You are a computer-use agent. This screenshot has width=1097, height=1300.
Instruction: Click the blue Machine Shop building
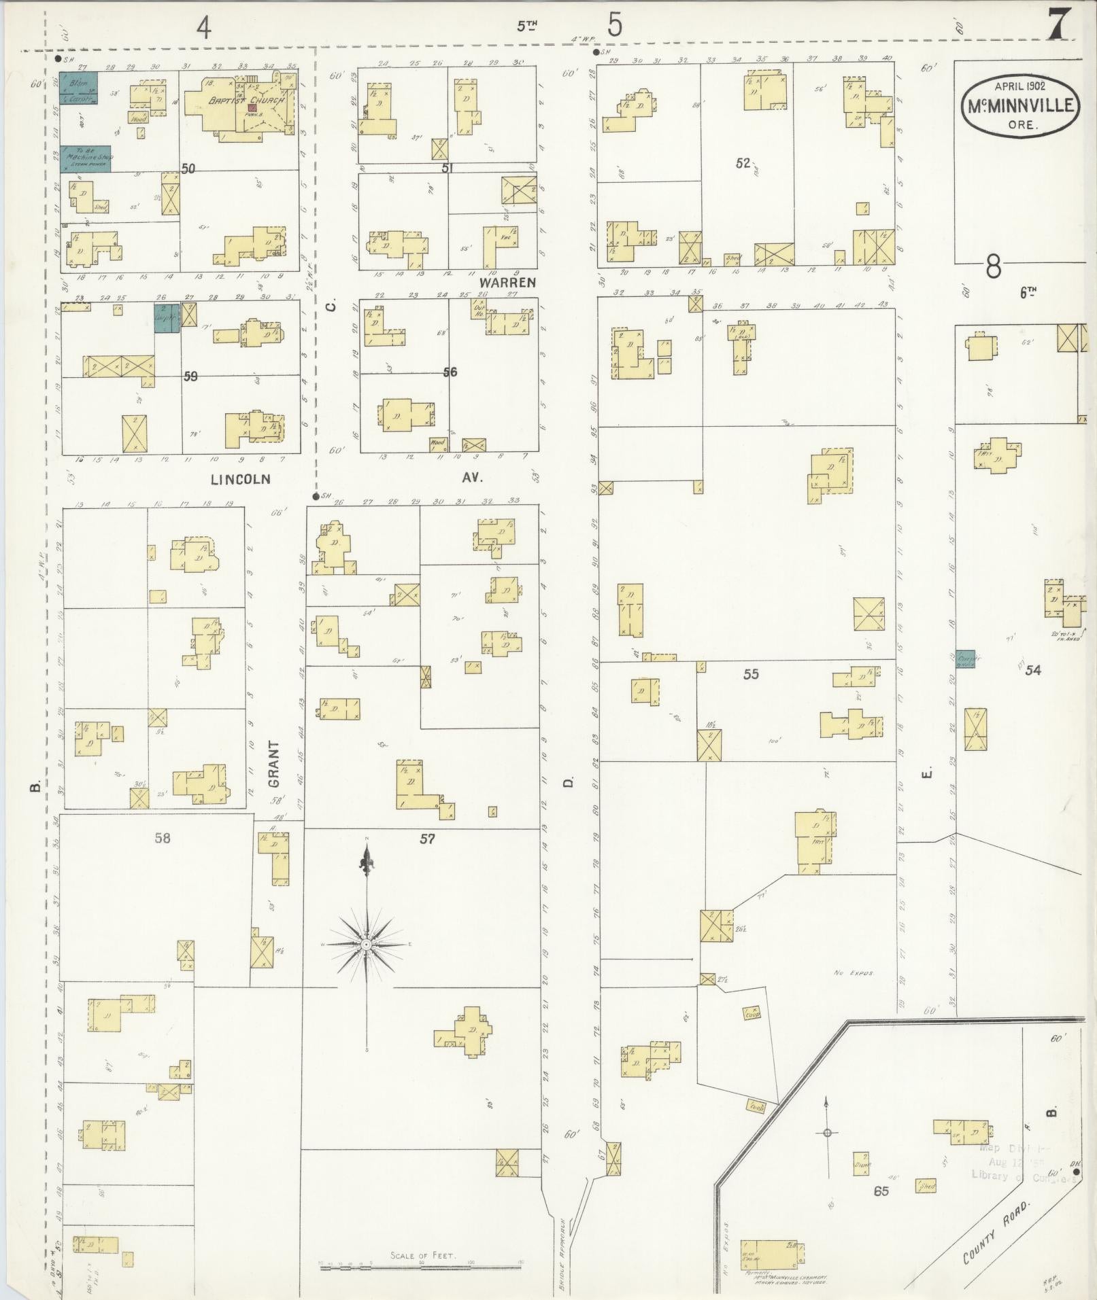coord(87,158)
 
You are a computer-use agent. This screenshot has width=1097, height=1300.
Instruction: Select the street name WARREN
coord(507,282)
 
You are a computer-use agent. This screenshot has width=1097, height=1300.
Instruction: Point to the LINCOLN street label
coord(240,479)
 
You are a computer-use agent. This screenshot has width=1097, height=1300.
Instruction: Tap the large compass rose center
coord(366,945)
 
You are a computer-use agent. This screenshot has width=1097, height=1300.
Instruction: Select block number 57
coord(426,839)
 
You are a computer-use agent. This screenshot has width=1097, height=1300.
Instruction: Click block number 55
coord(751,674)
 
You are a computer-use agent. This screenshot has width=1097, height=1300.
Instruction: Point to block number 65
coord(881,1191)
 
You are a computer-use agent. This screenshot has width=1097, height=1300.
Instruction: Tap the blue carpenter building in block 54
coord(965,658)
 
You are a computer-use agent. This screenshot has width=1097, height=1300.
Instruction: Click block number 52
coord(742,163)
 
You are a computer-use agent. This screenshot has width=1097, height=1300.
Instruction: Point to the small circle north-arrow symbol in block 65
coord(827,1132)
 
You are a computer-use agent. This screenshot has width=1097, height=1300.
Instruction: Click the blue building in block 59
coord(167,318)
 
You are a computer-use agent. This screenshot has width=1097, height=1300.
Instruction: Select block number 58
coord(162,838)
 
